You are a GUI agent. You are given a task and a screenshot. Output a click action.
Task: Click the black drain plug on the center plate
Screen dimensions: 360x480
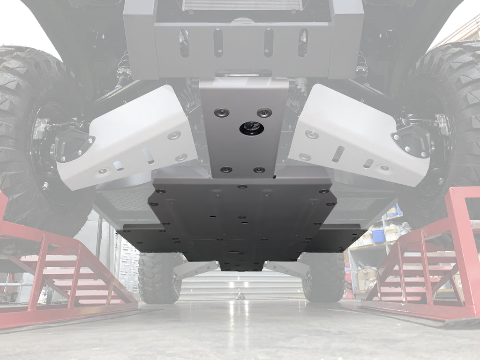pos(252,127)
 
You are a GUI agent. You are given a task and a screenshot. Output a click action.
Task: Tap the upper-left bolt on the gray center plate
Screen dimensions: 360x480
pos(221,112)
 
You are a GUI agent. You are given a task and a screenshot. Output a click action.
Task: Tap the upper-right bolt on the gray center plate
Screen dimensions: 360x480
pos(264,112)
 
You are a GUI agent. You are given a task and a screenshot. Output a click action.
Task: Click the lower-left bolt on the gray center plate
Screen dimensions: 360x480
pos(226,169)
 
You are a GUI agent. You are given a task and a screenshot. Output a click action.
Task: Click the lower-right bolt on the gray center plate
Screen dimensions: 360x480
pos(259,170)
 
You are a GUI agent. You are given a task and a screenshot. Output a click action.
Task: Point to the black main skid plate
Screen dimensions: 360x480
pos(241,216)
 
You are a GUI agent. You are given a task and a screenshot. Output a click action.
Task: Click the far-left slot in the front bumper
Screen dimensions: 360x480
pos(184,43)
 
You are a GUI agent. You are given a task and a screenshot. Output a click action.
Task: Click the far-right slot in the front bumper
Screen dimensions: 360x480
pos(303,43)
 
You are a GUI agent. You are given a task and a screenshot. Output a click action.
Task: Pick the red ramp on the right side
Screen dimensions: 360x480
pos(427,262)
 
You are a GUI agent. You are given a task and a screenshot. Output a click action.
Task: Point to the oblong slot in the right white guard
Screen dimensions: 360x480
pos(338,154)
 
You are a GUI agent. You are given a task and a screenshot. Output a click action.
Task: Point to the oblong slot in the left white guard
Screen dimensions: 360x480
pos(148,156)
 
